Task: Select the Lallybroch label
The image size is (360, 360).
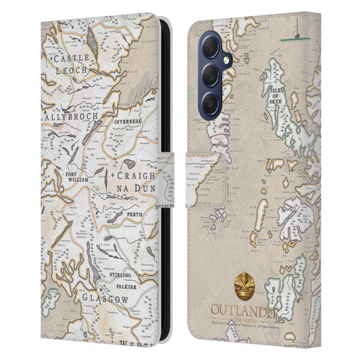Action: point(72,114)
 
